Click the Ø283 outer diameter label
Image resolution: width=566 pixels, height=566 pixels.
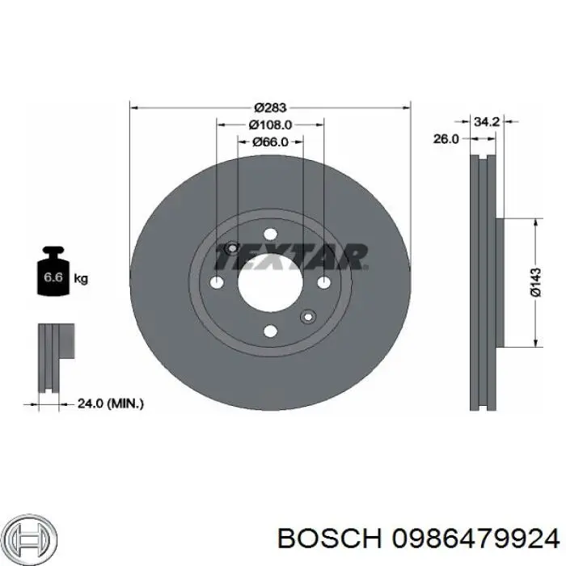point(270,107)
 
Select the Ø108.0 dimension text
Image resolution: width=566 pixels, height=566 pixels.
point(270,125)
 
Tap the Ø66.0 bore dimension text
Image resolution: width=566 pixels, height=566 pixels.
point(270,142)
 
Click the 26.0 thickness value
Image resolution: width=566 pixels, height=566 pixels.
point(446,139)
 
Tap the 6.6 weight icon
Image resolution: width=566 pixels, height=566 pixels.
point(53,276)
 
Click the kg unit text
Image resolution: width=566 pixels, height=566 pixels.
point(81,279)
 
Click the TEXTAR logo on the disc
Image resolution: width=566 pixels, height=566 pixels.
point(289,257)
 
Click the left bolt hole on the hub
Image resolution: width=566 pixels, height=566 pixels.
point(217,282)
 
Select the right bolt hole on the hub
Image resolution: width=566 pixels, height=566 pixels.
point(323,282)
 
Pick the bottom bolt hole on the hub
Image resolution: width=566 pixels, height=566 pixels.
point(270,330)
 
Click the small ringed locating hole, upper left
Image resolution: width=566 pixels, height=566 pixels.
point(233,248)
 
